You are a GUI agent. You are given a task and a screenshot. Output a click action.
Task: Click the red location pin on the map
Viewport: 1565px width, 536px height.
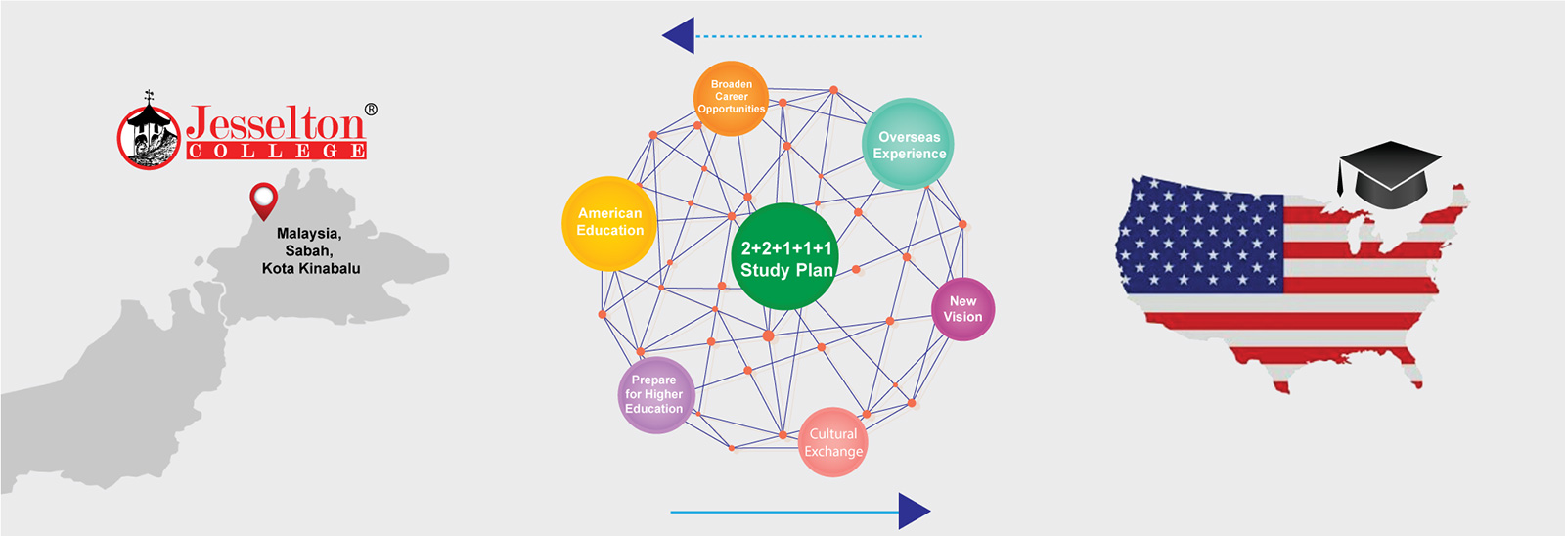(263, 199)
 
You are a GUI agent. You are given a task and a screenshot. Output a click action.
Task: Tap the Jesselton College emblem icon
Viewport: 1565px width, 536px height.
(150, 134)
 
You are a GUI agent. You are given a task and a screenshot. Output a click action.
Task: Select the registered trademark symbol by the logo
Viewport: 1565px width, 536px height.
(371, 110)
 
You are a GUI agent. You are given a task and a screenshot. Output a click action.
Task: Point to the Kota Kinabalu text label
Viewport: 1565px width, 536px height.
(311, 268)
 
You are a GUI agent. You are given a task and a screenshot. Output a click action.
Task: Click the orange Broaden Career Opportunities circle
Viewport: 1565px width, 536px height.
(731, 98)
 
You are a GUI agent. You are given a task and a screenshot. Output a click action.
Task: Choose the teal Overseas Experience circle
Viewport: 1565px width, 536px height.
(909, 145)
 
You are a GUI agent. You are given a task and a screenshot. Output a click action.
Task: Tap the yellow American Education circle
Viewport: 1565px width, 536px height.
(609, 223)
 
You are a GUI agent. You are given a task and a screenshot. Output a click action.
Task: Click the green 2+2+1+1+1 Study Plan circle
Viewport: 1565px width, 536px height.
(785, 257)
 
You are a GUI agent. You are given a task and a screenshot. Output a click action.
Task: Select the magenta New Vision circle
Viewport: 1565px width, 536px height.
(962, 309)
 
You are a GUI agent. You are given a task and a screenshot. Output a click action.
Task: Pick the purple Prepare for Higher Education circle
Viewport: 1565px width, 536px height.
(654, 395)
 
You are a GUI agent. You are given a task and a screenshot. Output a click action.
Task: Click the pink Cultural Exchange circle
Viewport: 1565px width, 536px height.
(833, 442)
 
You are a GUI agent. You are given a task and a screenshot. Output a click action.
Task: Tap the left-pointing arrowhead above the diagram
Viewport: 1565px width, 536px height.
(679, 36)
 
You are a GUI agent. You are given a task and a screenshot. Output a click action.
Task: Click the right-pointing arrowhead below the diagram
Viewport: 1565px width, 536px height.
(914, 511)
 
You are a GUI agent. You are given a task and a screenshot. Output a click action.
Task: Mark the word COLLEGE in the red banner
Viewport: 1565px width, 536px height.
(277, 151)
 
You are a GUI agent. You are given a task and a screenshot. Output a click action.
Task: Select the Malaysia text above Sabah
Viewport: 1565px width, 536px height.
(308, 234)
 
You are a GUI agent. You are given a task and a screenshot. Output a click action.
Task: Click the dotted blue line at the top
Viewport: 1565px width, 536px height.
(808, 36)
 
